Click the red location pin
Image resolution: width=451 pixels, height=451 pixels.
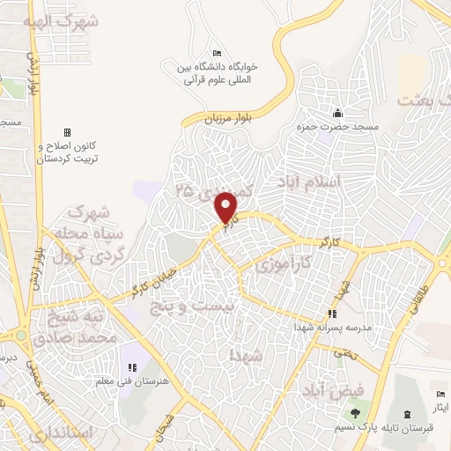point(227,207)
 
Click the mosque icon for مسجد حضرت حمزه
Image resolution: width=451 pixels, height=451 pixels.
point(337,113)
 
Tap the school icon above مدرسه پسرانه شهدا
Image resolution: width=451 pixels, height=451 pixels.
point(331,314)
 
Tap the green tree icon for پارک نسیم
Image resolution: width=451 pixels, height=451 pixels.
point(354,412)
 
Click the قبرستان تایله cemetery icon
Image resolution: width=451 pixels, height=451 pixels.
point(406,414)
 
